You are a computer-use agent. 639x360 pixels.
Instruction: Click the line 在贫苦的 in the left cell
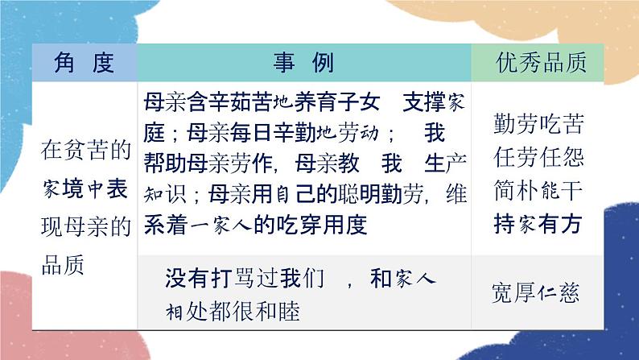84,149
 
